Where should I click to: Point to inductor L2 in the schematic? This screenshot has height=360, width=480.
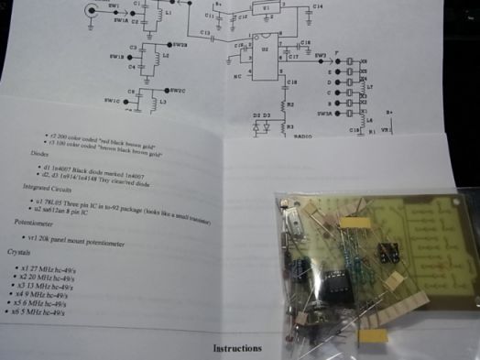153,57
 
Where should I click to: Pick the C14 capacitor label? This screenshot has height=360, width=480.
317,6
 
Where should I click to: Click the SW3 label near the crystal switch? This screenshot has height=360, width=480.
320,56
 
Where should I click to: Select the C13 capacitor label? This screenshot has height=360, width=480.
205,32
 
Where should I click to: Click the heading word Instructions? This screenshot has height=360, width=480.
237,348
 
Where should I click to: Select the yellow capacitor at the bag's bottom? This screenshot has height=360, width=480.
373,336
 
